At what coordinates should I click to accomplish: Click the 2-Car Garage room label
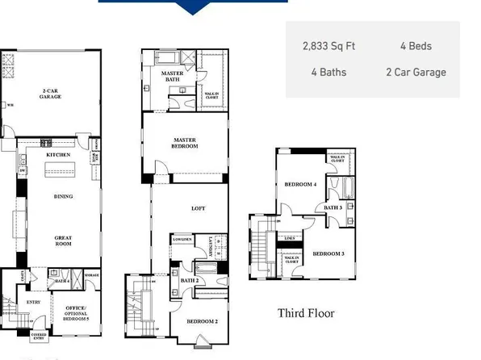coord(52,93)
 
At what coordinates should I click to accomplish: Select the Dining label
coord(63,196)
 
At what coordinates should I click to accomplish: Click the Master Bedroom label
coord(184,143)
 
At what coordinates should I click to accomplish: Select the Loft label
coord(198,208)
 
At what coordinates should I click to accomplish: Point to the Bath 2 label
coord(190,280)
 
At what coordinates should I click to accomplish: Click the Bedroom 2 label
coord(201,321)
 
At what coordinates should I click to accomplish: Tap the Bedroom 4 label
coord(300,185)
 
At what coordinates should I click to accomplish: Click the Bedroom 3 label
coord(328,254)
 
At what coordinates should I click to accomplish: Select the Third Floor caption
coord(306,313)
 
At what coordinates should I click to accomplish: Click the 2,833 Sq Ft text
coord(329,47)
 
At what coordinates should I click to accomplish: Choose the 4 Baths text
coord(328,72)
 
